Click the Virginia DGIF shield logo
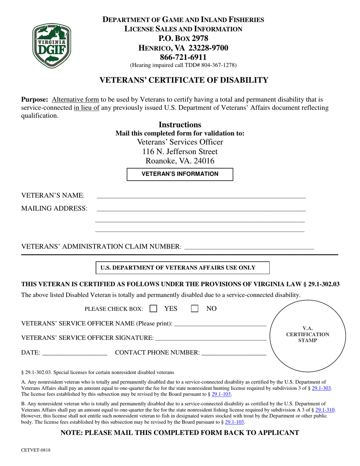pyautogui.click(x=52, y=46)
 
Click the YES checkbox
pyautogui.click(x=153, y=309)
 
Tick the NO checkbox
pyautogui.click(x=194, y=309)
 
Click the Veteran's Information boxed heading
pyautogui.click(x=180, y=174)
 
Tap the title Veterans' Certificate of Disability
pyautogui.click(x=183, y=80)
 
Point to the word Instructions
pyautogui.click(x=180, y=125)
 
